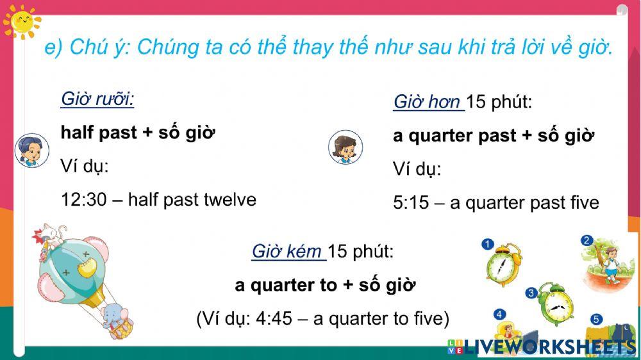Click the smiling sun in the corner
[21, 20]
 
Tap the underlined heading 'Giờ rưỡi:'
[97, 99]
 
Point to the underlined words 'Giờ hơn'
[427, 102]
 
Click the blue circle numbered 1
[488, 245]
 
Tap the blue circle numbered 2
[587, 241]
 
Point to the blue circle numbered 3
[531, 293]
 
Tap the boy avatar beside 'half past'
[31, 151]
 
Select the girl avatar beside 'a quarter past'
[345, 147]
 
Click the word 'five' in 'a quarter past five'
[584, 203]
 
